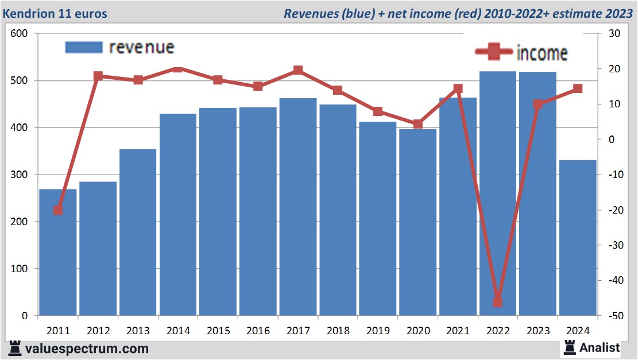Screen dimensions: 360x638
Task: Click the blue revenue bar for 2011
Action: tap(58, 253)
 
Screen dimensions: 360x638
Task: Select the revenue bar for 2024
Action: tap(578, 238)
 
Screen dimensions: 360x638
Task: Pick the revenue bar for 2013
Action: tap(138, 232)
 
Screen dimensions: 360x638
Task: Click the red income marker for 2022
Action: tap(497, 302)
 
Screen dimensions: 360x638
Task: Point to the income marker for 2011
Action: tap(58, 210)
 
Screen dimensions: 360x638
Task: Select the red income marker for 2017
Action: tap(298, 71)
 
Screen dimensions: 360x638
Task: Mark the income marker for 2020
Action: tap(417, 124)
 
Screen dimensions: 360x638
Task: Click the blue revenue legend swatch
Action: tap(84, 47)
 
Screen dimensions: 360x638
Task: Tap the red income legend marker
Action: tap(494, 52)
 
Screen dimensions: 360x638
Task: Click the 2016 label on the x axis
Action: tap(258, 331)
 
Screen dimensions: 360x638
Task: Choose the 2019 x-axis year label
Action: tap(378, 331)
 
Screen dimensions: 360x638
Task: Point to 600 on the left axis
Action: tap(20, 34)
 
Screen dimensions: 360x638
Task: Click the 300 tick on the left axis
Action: tap(20, 175)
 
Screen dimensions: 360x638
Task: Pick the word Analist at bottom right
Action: tap(600, 347)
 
